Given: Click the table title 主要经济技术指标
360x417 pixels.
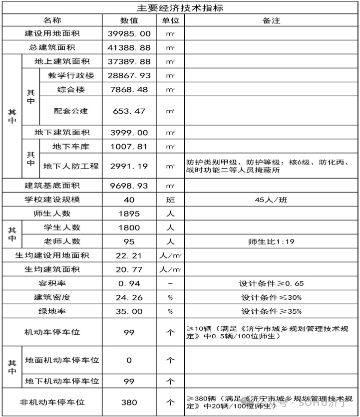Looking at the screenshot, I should click(180, 8).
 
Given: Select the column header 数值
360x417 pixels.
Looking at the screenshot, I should click(129, 20).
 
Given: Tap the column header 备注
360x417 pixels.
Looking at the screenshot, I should click(271, 20).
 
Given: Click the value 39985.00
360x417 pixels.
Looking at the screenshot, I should click(129, 33).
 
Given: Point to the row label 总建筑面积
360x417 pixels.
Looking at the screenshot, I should click(52, 47).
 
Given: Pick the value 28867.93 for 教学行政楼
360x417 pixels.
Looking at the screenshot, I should click(129, 75).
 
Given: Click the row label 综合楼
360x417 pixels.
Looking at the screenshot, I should click(71, 90).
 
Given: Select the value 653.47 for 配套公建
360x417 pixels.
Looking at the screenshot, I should click(129, 111).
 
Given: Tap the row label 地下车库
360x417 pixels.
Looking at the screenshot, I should click(71, 147).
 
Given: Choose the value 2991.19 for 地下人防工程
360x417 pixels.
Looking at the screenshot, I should click(129, 166).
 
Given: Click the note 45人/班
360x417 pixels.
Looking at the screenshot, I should click(271, 200).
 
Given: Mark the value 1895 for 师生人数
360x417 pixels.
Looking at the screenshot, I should click(129, 213).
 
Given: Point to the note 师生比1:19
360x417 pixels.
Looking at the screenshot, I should click(271, 241).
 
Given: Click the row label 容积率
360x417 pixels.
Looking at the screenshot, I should click(52, 283).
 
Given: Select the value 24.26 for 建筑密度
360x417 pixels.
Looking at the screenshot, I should click(129, 297).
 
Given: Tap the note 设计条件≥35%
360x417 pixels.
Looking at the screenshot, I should click(271, 311).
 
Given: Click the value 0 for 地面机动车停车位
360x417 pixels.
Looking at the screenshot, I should click(129, 360).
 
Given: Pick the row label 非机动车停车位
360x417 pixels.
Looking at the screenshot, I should click(52, 402).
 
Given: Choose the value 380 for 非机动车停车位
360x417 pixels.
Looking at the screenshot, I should click(129, 402).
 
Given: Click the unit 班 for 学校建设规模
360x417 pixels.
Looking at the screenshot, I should click(170, 200).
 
